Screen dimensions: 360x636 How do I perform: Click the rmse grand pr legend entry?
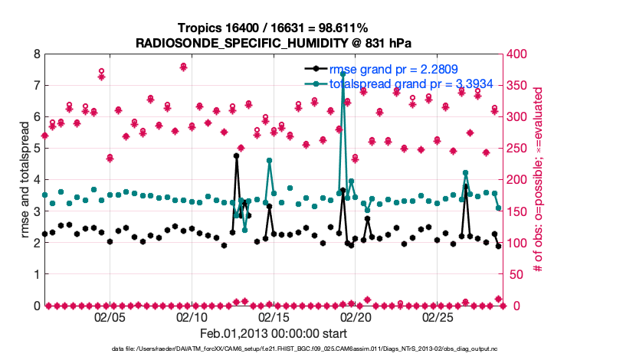pyautogui.click(x=393, y=70)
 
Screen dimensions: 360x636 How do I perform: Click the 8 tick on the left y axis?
pyautogui.click(x=36, y=54)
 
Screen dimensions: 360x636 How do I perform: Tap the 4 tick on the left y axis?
pyautogui.click(x=36, y=180)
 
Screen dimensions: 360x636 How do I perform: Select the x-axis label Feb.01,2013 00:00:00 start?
pyautogui.click(x=274, y=333)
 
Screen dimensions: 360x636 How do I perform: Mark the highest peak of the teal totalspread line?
pyautogui.click(x=343, y=74)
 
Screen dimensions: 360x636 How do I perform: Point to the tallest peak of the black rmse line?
pyautogui.click(x=236, y=155)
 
